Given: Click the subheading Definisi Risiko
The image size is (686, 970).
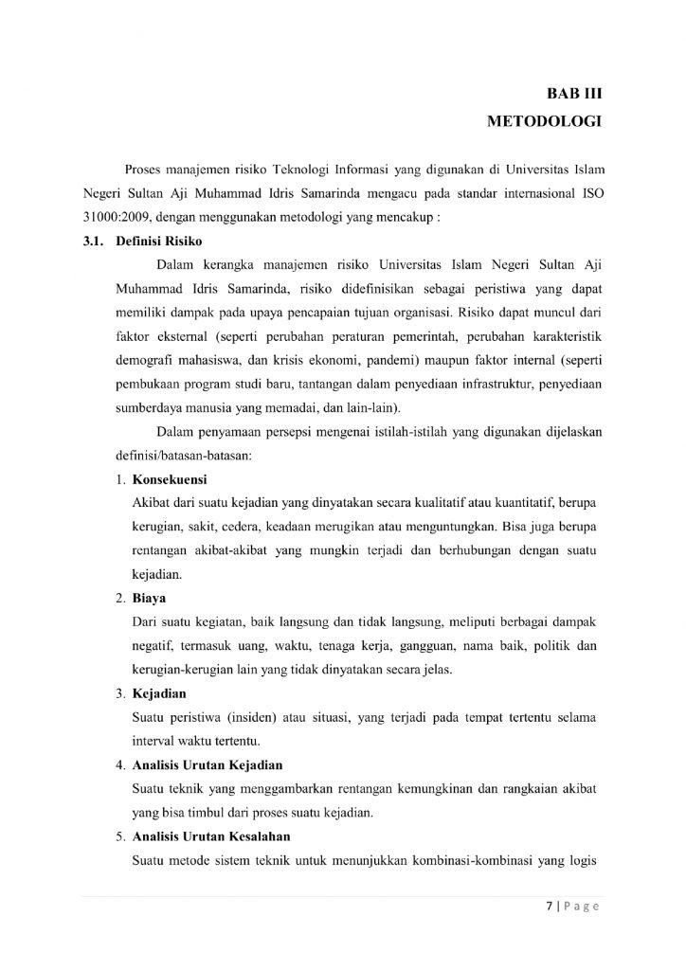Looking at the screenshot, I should pyautogui.click(x=154, y=242).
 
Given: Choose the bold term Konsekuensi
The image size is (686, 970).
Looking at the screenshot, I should pyautogui.click(x=170, y=478).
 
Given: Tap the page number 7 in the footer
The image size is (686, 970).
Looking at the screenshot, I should pyautogui.click(x=548, y=905).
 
